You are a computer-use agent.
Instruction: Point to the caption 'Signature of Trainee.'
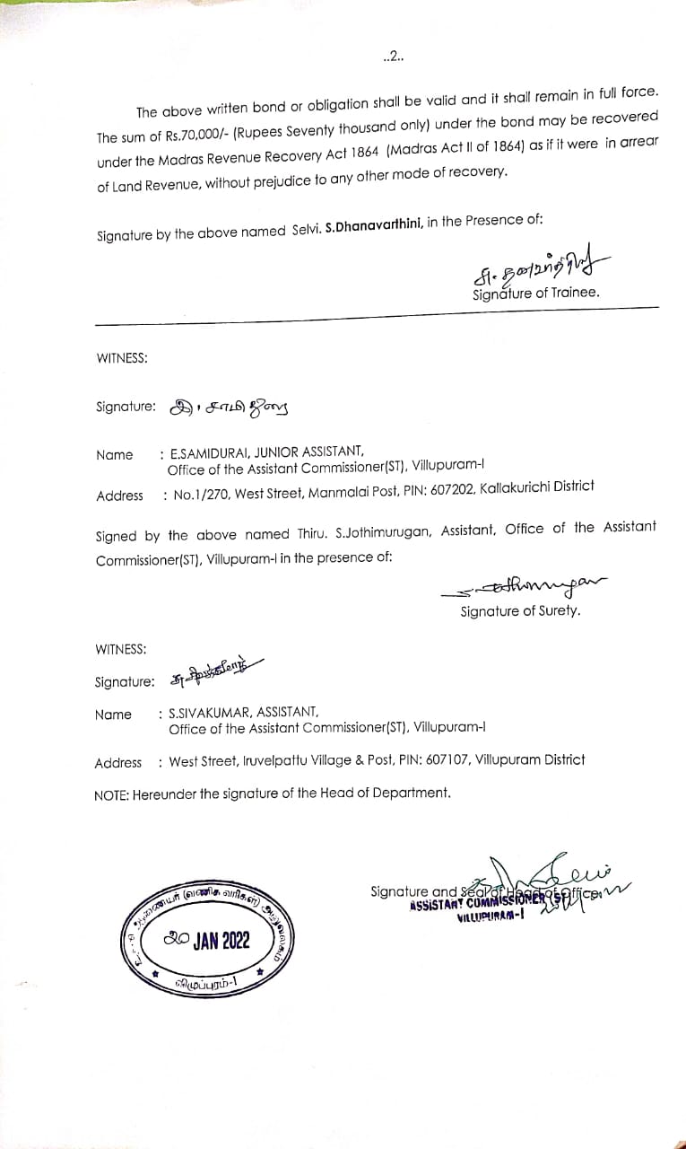[535, 293]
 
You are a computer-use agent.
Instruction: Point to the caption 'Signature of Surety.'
[520, 611]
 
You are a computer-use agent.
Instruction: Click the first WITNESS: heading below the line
[122, 357]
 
